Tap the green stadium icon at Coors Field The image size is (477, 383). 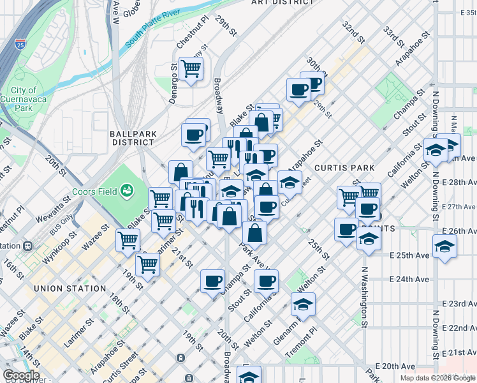click(127, 190)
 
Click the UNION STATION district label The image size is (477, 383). click(70, 289)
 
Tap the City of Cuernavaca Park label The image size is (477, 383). click(24, 100)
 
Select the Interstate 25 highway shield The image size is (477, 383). click(22, 45)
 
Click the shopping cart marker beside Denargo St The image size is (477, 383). click(191, 69)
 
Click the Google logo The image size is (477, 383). click(21, 375)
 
